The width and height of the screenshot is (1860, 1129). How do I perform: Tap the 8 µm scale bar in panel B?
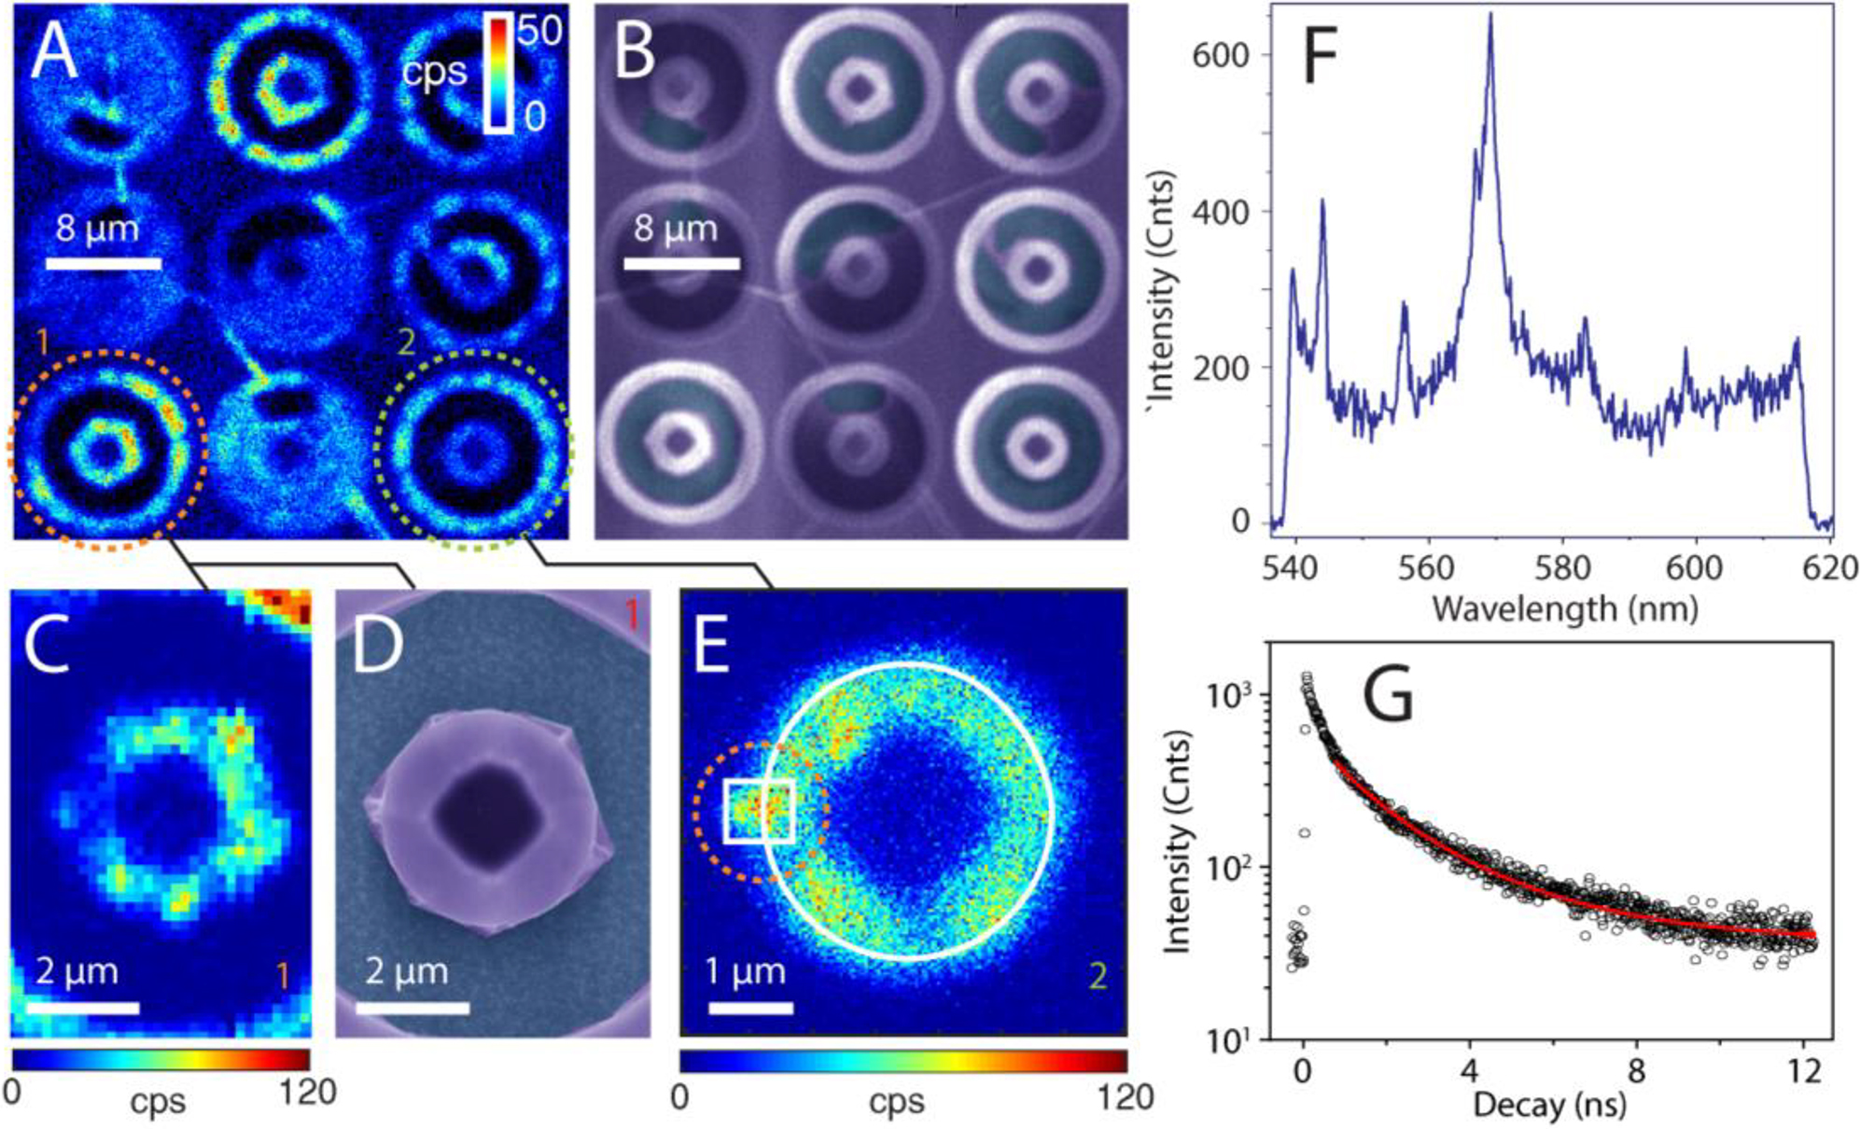pyautogui.click(x=681, y=264)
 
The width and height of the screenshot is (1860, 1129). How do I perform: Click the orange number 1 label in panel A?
pyautogui.click(x=41, y=343)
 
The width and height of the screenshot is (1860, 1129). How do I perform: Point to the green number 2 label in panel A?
pyautogui.click(x=405, y=342)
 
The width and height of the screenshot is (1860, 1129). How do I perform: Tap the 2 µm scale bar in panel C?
pyautogui.click(x=82, y=1007)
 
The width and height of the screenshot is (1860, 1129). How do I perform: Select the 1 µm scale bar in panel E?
pyautogui.click(x=750, y=1007)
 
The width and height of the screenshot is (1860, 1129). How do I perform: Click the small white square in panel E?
pyautogui.click(x=760, y=812)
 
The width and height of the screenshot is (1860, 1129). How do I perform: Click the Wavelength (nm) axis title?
pyautogui.click(x=1564, y=608)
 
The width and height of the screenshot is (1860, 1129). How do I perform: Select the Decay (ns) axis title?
pyautogui.click(x=1549, y=1105)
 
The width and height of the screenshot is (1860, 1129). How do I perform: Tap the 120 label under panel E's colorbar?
pyautogui.click(x=1126, y=1096)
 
